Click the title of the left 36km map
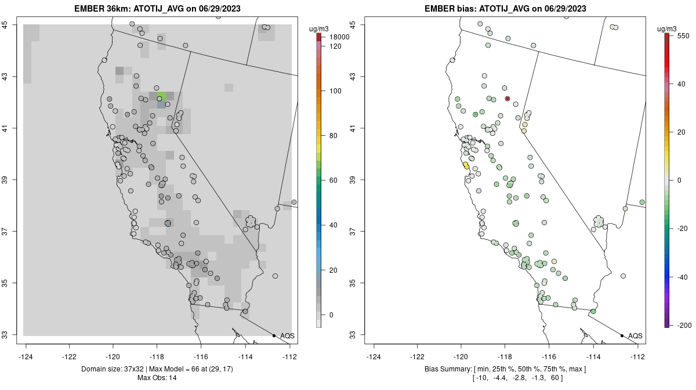pyautogui.click(x=157, y=9)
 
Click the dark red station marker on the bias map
pyautogui.click(x=507, y=99)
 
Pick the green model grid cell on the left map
pyautogui.click(x=161, y=95)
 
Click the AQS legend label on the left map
pyautogui.click(x=287, y=336)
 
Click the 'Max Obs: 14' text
pyautogui.click(x=157, y=378)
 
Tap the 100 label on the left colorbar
pyautogui.click(x=335, y=91)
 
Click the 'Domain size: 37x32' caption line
pyautogui.click(x=157, y=369)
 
